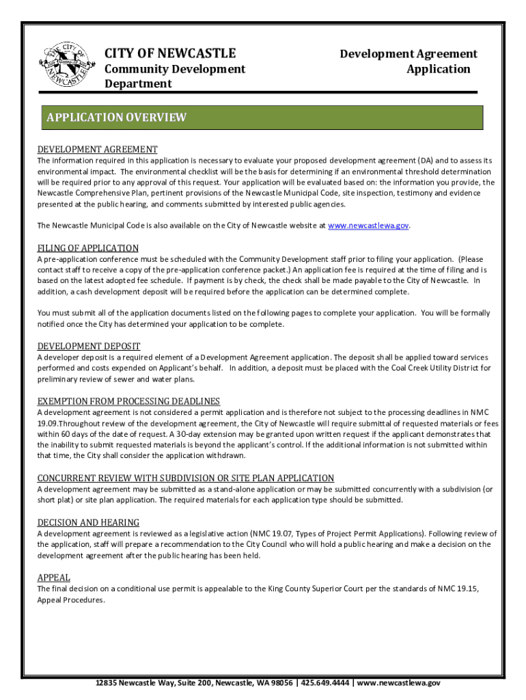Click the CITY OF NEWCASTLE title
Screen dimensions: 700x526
169,53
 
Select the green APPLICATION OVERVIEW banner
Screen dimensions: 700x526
262,117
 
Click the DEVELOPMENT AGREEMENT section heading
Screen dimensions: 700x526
97,149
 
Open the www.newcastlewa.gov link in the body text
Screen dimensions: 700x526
368,226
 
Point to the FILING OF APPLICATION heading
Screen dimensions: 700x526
87,248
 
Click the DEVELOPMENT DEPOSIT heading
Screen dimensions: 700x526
88,347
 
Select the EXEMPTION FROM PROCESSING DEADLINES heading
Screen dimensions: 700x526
128,401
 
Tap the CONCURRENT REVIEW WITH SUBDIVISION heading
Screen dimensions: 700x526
185,478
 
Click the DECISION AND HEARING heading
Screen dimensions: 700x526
88,522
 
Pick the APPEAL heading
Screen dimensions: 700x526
53,578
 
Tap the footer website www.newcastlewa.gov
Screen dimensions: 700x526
398,683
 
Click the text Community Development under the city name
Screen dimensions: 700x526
174,69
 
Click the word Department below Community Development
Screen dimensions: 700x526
138,84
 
